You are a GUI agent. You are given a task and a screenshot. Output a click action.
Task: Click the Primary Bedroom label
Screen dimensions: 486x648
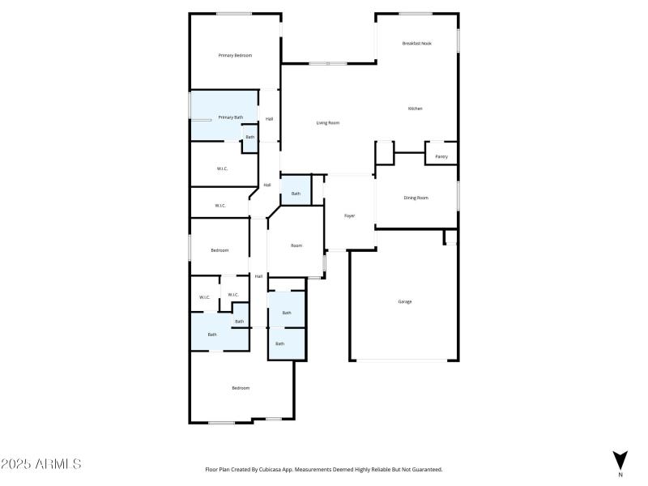[x=235, y=55]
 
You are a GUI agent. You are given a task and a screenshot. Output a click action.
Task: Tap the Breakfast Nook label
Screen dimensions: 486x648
[x=417, y=43]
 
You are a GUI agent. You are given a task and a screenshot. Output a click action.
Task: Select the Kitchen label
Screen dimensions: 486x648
[x=415, y=108]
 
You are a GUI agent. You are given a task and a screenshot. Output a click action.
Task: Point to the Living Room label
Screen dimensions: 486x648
[x=327, y=122]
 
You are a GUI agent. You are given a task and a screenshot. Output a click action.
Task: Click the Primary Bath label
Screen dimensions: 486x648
[x=230, y=117]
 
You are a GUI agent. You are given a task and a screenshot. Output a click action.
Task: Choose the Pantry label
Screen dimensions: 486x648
[x=441, y=156]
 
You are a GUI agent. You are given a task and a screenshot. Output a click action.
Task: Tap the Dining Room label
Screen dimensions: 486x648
[x=416, y=198]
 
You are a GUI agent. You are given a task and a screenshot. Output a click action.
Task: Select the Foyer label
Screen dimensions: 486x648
[x=349, y=215]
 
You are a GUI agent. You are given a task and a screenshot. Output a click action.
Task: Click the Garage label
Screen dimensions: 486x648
[x=404, y=301]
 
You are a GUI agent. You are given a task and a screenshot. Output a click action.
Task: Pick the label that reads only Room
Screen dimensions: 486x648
[x=296, y=245]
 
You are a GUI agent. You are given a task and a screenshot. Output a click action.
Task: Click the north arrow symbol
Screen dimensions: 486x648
[x=620, y=458]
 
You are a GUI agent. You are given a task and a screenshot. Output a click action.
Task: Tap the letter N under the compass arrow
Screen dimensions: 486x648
[x=620, y=474]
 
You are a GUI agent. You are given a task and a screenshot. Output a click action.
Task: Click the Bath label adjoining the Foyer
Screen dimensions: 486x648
[x=296, y=194]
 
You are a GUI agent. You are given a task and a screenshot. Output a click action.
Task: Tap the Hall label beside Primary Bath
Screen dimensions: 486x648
[x=269, y=119]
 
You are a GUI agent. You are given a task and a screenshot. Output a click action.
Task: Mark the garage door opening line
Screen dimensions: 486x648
[x=404, y=360]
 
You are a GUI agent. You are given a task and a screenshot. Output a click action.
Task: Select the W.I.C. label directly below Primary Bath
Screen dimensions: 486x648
[x=222, y=168]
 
